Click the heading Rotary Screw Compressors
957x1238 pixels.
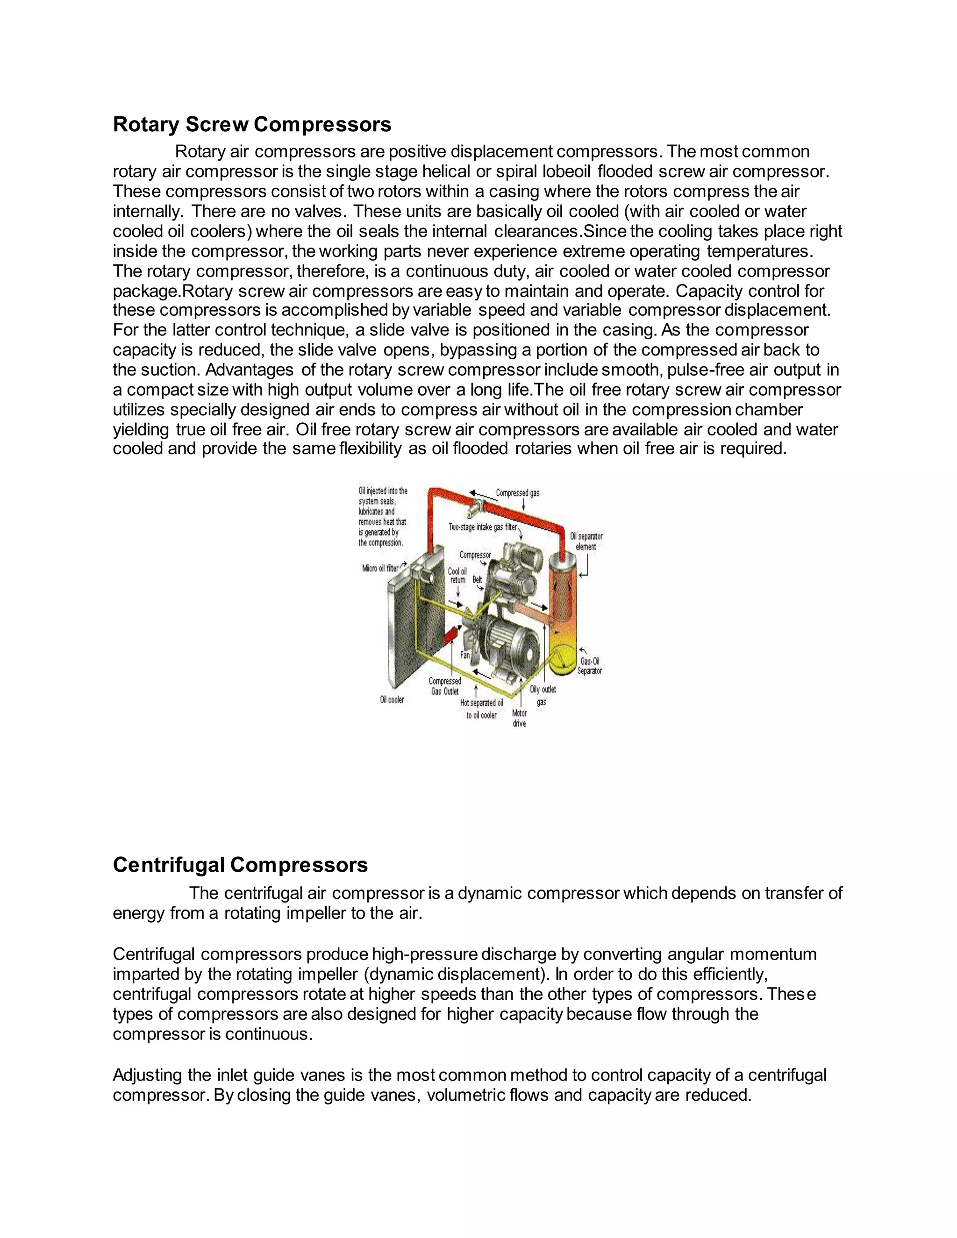pos(252,125)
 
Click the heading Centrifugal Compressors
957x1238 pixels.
pos(240,865)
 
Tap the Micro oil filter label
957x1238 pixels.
pos(380,568)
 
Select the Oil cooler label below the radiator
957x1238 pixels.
pos(392,699)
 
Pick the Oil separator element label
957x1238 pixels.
pos(586,541)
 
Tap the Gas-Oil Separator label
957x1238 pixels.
pos(590,666)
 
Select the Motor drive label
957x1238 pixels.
pos(519,718)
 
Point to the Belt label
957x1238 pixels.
pos(478,580)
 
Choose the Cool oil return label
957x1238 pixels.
pos(457,576)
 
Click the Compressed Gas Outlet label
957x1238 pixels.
pos(444,686)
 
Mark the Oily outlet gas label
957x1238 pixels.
pos(543,696)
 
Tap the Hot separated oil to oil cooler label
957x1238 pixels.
pos(481,709)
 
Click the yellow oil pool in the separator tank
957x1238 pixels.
pos(561,658)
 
